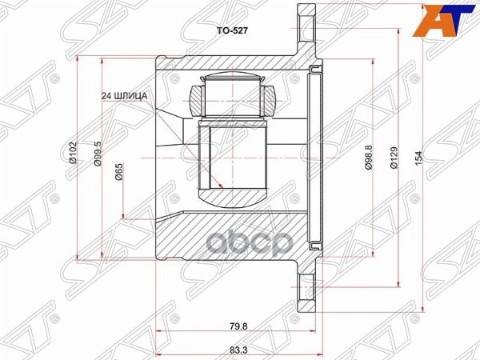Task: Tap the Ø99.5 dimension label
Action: click(x=98, y=152)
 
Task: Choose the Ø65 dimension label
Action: click(x=118, y=174)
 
